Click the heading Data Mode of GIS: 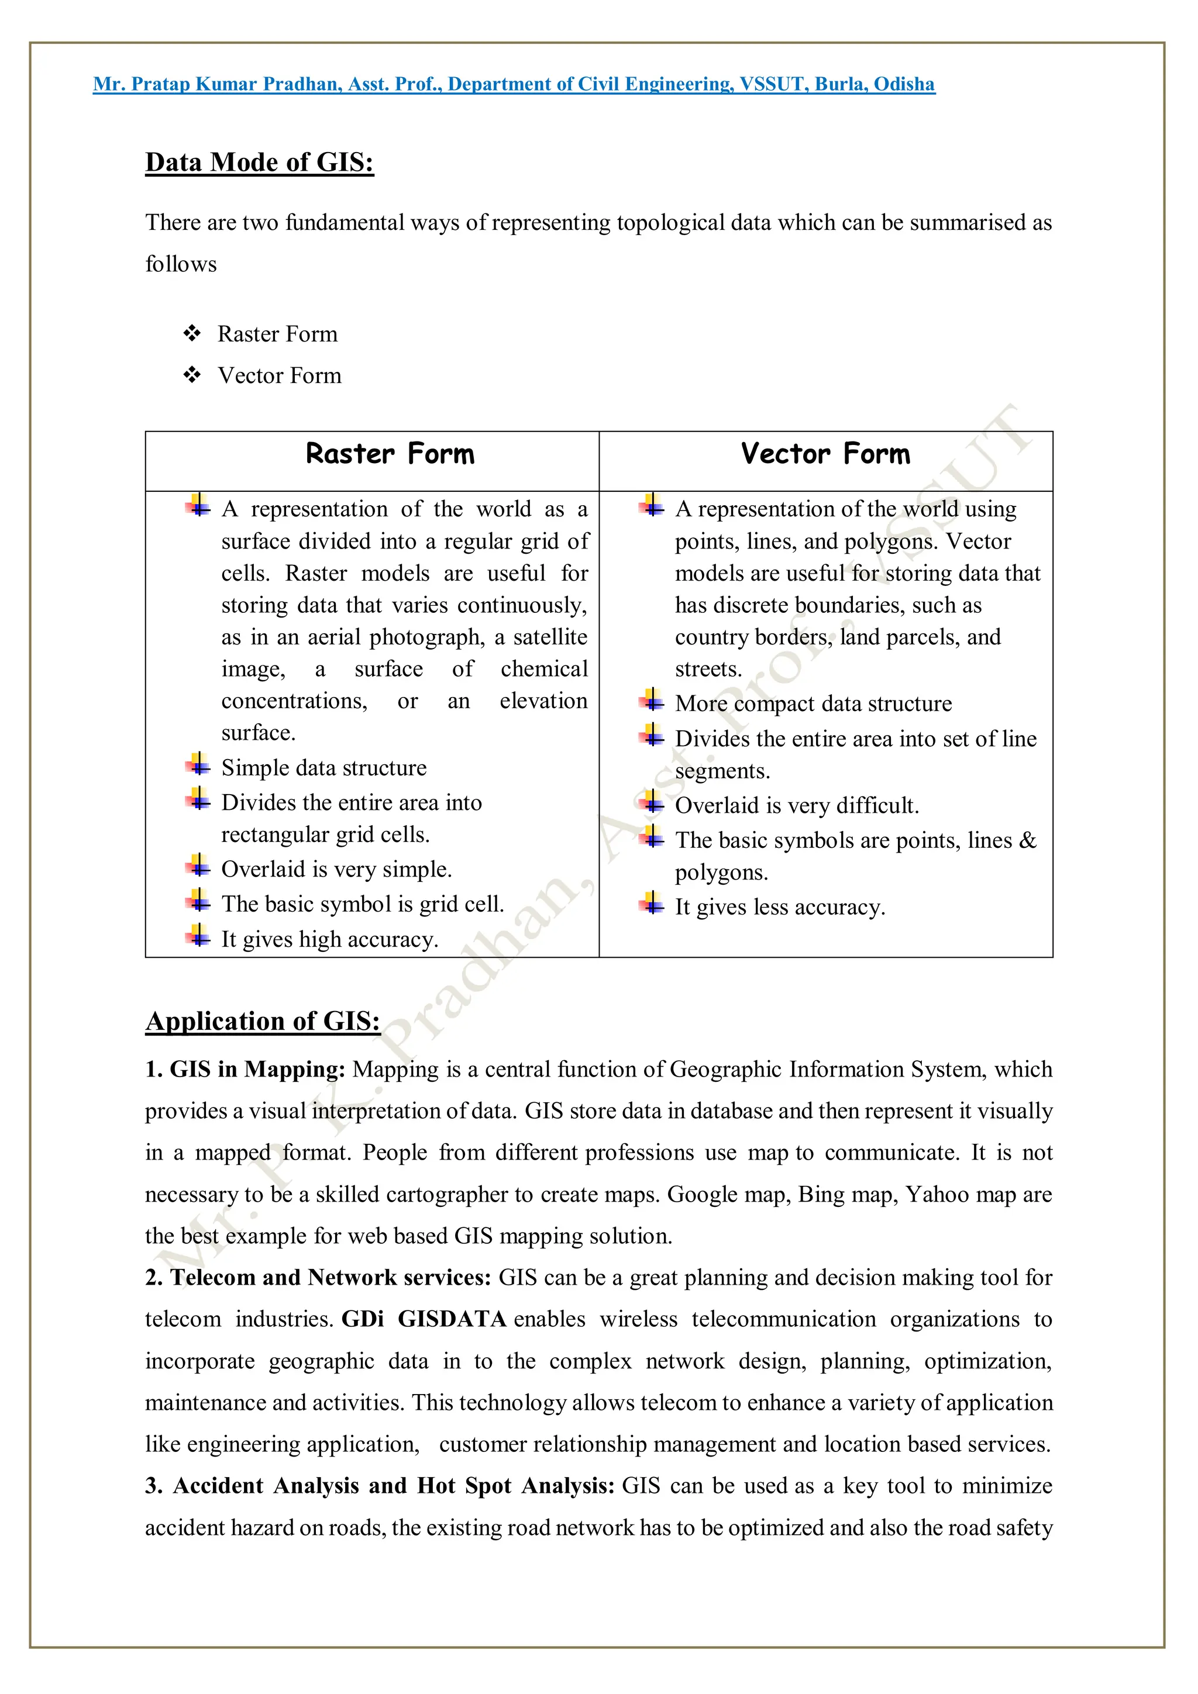click(259, 163)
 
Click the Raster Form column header click(390, 454)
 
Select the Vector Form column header click(825, 454)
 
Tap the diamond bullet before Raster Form click(192, 333)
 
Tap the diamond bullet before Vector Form click(192, 375)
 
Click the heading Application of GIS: click(262, 1021)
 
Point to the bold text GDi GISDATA click(423, 1319)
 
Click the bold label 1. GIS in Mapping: click(245, 1069)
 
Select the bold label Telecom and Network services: click(330, 1278)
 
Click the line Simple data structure click(323, 768)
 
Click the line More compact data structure click(813, 704)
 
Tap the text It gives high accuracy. click(329, 939)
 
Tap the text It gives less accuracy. click(780, 907)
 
